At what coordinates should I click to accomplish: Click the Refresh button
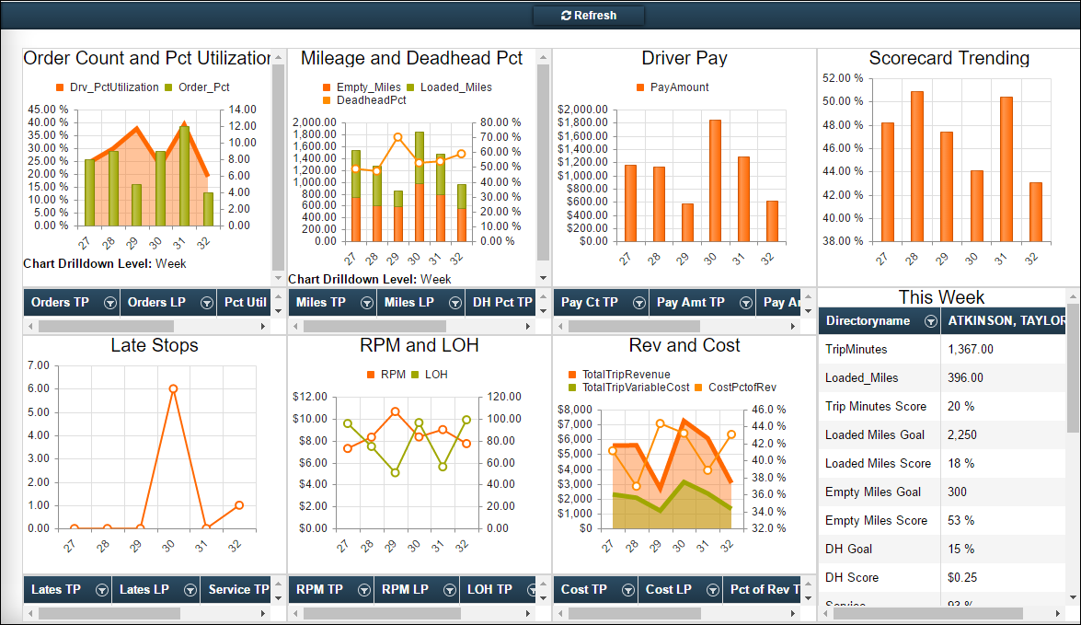point(589,16)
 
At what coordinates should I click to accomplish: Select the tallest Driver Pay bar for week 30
point(715,180)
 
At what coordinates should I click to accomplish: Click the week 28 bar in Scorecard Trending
point(916,166)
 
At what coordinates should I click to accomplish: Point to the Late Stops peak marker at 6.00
point(173,388)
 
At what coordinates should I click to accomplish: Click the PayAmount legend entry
point(673,87)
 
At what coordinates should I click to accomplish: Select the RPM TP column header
point(319,589)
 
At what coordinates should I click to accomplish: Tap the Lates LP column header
point(144,589)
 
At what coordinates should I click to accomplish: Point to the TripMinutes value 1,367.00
point(972,349)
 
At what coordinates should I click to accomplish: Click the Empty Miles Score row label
point(876,520)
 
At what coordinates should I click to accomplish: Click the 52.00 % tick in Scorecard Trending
point(843,77)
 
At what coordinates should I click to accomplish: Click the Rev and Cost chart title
point(684,345)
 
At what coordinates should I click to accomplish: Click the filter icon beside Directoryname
point(930,320)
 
